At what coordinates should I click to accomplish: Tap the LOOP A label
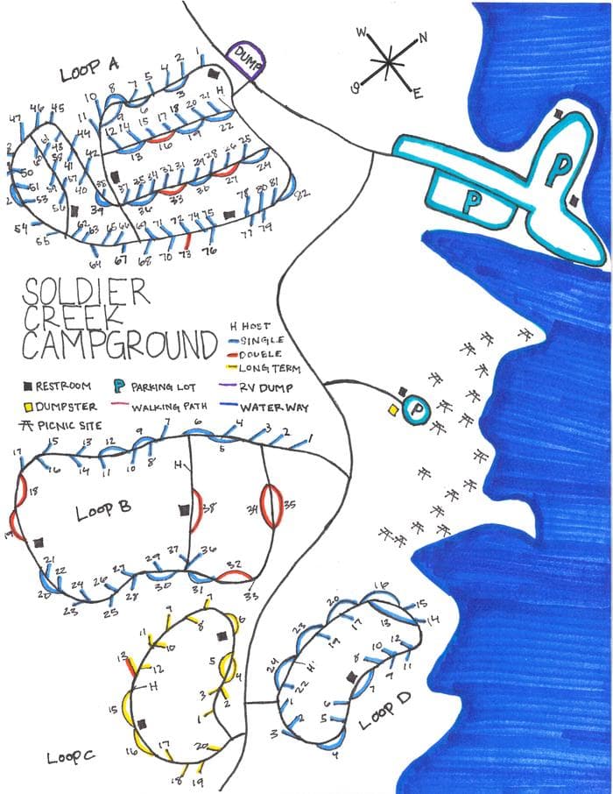coord(90,70)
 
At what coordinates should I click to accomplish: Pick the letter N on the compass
coord(423,38)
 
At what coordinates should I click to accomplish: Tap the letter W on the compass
coord(362,33)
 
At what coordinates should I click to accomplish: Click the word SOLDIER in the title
coord(86,292)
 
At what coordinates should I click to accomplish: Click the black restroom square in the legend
coord(28,386)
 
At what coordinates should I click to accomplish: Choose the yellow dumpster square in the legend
coord(28,407)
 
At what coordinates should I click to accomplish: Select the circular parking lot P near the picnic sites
coord(417,408)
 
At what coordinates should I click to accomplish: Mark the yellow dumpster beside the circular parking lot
coord(394,409)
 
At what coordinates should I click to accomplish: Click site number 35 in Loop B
coord(290,505)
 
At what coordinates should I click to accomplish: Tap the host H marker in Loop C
coord(152,687)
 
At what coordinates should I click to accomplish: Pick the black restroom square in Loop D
coord(351,677)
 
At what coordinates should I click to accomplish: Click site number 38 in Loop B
coord(209,507)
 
